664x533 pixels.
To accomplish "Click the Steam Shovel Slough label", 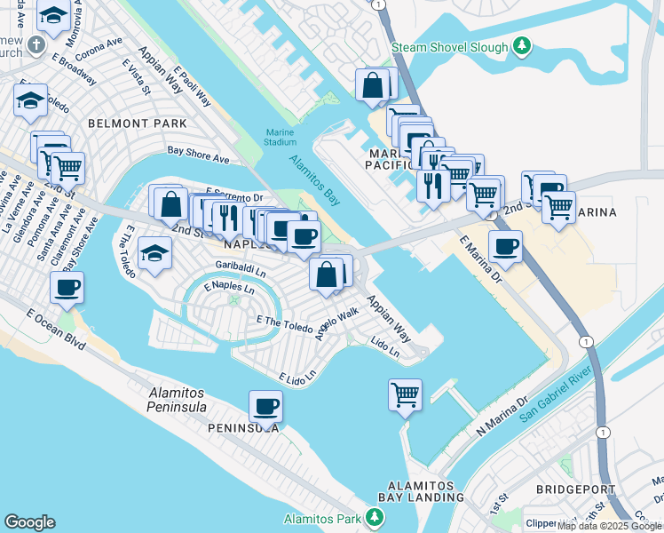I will click(x=450, y=47).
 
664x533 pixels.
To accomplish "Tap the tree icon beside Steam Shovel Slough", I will click(x=524, y=46).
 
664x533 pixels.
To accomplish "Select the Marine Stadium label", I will click(x=280, y=137).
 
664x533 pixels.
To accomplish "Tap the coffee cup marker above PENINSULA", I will click(x=265, y=407).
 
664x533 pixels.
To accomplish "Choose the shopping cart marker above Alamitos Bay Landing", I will click(x=405, y=393).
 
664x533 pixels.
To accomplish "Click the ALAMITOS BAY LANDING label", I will click(x=421, y=492).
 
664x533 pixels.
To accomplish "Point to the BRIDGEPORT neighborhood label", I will click(x=569, y=489).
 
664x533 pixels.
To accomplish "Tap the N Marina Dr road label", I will click(x=502, y=411).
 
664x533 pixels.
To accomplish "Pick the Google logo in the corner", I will click(x=29, y=522).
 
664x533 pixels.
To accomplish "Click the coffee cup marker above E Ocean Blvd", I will click(x=67, y=288).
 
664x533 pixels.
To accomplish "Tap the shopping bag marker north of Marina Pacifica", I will click(x=373, y=86).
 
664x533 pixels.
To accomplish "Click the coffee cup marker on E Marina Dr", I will click(x=504, y=248).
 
